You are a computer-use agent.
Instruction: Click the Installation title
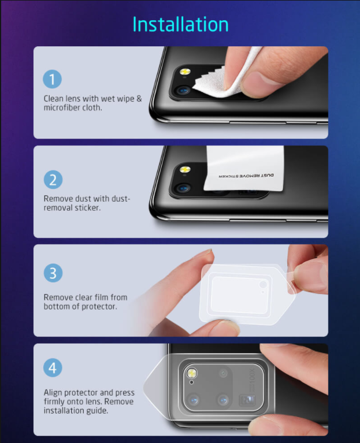180,24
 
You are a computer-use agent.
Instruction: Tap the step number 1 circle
53,79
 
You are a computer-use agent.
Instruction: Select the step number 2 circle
53,179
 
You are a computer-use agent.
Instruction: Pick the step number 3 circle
53,273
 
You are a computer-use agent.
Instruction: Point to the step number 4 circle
53,367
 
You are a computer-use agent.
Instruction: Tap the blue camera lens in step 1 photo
183,91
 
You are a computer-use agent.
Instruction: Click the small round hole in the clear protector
263,285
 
